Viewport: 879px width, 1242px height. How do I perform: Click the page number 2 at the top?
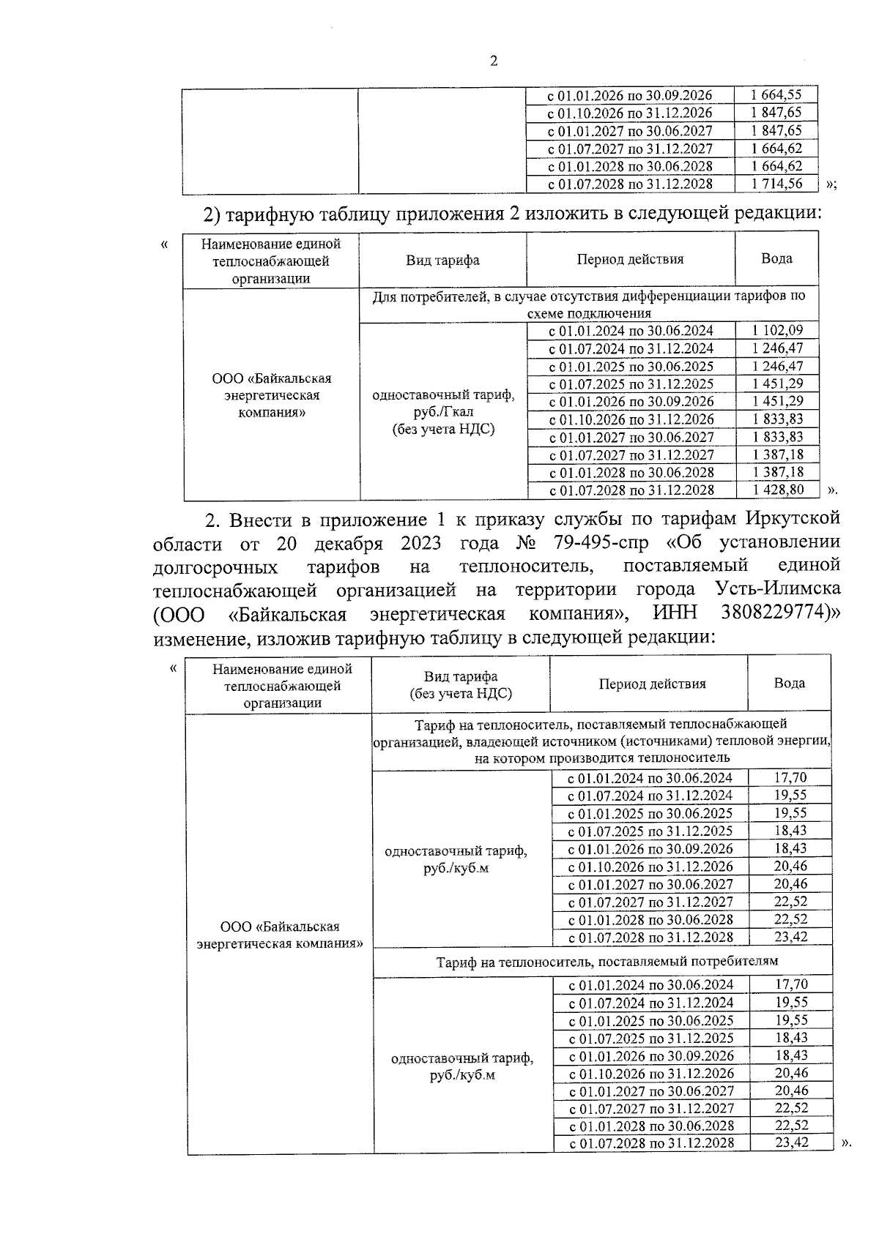tap(493, 61)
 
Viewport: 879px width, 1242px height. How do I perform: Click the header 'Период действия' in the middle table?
tap(630, 259)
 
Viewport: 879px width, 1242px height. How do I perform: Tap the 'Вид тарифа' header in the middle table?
tap(442, 260)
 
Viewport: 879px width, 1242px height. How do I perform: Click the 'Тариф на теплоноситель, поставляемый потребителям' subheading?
tap(607, 960)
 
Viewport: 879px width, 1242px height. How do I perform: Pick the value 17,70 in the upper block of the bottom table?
tap(790, 777)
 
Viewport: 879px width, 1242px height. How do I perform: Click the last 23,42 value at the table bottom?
tap(790, 1142)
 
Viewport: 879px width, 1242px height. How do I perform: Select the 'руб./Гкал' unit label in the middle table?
tap(443, 412)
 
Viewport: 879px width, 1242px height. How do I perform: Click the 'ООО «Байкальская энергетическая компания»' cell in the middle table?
tap(271, 395)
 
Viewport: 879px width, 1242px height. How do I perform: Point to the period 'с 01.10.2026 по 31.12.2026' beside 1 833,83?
tap(631, 419)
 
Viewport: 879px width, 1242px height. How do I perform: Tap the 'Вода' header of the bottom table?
tap(789, 683)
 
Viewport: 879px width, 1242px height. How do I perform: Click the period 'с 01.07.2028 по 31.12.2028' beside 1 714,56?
tap(629, 184)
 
